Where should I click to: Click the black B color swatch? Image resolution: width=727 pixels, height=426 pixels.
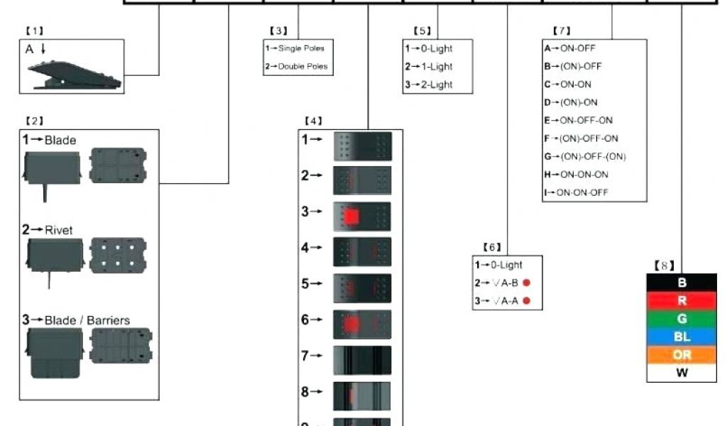pos(682,283)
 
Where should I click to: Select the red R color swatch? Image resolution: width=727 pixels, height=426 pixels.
pos(682,300)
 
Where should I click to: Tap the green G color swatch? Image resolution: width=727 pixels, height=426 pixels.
pos(682,319)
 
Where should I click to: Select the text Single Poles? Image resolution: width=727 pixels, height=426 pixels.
pos(301,48)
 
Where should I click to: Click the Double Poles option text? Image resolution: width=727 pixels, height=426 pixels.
pos(302,67)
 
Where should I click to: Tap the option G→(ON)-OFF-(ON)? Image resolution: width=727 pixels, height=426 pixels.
pos(586,156)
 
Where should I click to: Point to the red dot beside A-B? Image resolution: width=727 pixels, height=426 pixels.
pos(528,283)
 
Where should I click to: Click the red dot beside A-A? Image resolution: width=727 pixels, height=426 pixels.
pos(528,301)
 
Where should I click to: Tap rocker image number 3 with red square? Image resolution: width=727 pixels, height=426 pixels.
pos(362,216)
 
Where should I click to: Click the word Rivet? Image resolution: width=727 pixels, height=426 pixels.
pos(58,230)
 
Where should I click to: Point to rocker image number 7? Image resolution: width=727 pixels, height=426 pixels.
pos(362,361)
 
